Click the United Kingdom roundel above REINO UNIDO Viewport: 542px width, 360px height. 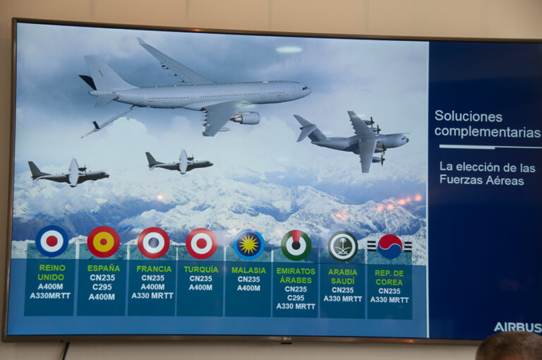pos(52,241)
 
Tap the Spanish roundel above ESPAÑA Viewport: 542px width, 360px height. pos(103,241)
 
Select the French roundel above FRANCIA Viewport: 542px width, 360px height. pos(153,243)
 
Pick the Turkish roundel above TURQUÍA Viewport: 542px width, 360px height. pos(202,244)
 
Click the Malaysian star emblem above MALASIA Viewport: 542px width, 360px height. pos(249,244)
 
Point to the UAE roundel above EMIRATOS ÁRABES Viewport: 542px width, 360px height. pos(296,245)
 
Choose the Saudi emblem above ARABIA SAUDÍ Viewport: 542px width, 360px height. pos(343,246)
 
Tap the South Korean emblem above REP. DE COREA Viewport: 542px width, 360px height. pos(390,246)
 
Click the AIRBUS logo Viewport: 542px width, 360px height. pos(517,327)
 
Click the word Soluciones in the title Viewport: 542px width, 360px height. pos(469,116)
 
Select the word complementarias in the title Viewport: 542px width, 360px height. pos(488,132)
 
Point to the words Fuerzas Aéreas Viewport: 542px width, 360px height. pos(482,180)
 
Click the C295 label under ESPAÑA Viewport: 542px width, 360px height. pos(102,287)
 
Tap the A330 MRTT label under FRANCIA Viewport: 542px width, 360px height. pos(152,296)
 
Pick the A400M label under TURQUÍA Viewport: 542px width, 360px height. pos(200,287)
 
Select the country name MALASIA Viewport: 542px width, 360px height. pos(248,270)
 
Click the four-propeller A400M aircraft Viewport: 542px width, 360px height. pos(351,140)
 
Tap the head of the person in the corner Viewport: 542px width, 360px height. pos(509,347)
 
